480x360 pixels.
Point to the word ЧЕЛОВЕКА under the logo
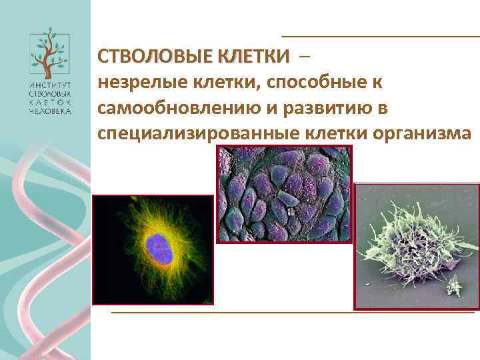pos(49,111)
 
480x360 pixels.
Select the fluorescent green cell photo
pos(153,250)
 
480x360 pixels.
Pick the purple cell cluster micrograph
pos(284,194)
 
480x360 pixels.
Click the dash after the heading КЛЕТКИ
pos(305,57)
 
